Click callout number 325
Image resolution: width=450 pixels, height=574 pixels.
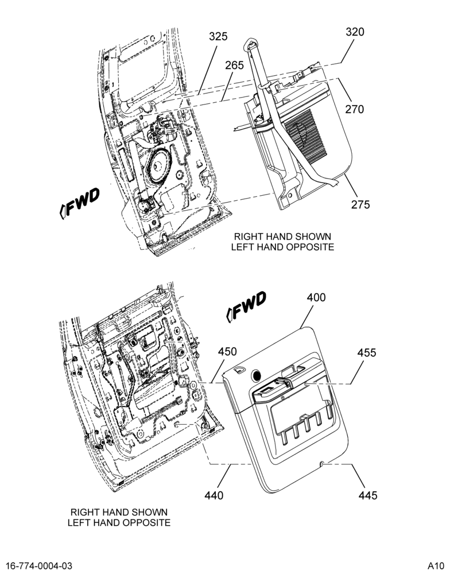[x=218, y=37]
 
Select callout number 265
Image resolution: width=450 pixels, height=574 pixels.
[x=234, y=65]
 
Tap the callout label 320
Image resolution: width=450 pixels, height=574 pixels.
[x=355, y=32]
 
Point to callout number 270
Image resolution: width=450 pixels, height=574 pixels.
[x=355, y=109]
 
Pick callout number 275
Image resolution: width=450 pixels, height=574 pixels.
[x=360, y=205]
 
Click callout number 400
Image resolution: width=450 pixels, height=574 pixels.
[x=316, y=297]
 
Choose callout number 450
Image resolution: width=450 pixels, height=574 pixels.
[x=227, y=351]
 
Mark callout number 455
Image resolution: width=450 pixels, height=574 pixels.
[x=367, y=352]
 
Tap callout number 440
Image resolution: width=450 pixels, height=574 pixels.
[x=214, y=495]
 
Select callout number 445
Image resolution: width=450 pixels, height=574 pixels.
[x=367, y=495]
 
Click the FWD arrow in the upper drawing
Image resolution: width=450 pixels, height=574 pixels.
[x=79, y=203]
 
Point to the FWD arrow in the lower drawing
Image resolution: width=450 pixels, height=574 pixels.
[x=246, y=307]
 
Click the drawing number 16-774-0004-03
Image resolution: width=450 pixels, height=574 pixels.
[x=40, y=566]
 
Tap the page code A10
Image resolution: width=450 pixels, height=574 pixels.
[x=435, y=566]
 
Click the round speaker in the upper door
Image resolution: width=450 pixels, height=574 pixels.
[x=158, y=165]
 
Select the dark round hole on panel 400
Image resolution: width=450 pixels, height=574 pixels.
[x=256, y=375]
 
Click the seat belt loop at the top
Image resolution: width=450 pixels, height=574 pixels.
[x=251, y=43]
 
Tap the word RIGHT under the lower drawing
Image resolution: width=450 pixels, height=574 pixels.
[x=83, y=512]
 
